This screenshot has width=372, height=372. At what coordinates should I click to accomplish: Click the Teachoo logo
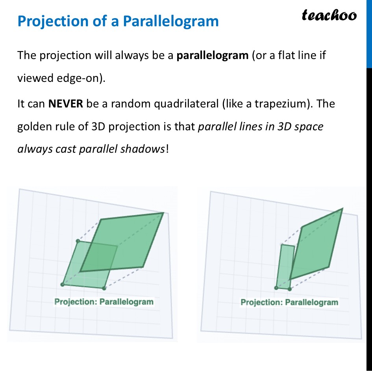(329, 15)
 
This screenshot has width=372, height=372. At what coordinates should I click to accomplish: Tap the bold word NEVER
(65, 104)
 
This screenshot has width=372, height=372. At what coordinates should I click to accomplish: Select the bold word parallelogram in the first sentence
(212, 55)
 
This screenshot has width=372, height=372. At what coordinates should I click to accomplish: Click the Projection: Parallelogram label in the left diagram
(104, 302)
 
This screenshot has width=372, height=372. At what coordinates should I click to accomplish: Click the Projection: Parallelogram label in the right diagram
(289, 302)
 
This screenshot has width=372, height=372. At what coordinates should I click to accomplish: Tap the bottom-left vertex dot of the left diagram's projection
(63, 284)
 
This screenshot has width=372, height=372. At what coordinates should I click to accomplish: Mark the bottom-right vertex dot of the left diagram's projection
(104, 289)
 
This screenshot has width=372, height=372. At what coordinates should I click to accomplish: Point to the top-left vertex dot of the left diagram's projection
(78, 241)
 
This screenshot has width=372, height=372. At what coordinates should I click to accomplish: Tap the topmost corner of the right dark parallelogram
(342, 208)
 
